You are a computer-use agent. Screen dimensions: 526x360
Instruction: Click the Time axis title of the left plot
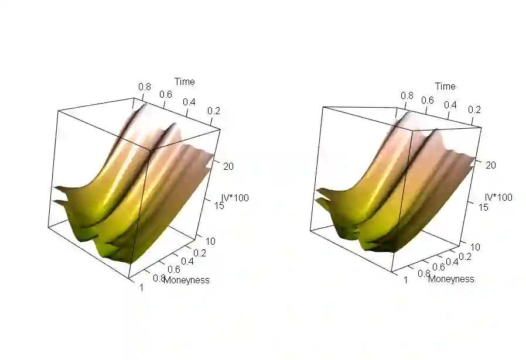pos(185,81)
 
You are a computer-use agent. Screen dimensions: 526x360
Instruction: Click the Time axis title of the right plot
pos(445,86)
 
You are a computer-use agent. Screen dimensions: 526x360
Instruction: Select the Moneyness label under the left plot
pos(187,280)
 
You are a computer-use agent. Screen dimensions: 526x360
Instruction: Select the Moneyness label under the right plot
pos(451,279)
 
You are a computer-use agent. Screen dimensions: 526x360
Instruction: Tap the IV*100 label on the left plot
pos(235,198)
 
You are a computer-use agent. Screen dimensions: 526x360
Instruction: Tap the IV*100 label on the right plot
pos(499,197)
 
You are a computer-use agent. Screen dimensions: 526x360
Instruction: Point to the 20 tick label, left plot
pos(228,166)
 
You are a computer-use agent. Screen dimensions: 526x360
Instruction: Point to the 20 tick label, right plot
pos(491,165)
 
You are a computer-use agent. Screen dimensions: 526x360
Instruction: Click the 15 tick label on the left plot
pos(219,205)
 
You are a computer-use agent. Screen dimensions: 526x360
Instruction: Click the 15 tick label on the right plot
pos(483,207)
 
